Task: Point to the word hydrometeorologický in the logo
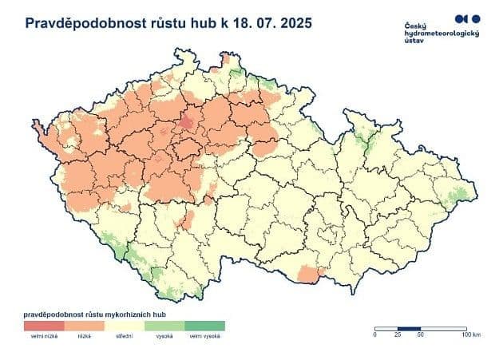pos(442,34)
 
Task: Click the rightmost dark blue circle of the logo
pos(477,18)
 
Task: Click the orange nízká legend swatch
pos(84,326)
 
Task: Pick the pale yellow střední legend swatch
pos(125,326)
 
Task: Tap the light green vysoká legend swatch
pos(164,326)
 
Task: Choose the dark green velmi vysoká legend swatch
pos(204,326)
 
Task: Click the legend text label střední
pos(125,337)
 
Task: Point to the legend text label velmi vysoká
pos(204,337)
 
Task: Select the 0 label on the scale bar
pos(375,335)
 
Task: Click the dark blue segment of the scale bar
pos(410,328)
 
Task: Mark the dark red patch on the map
pos(187,121)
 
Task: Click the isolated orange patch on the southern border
pos(307,275)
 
